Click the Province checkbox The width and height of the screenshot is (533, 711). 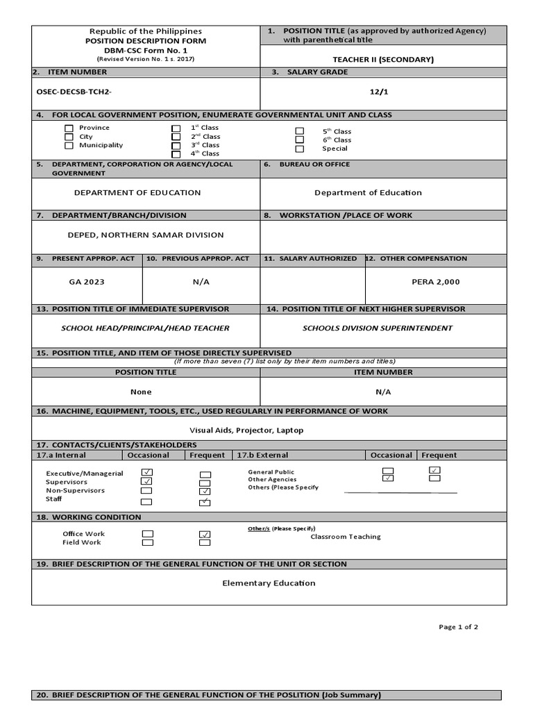[x=69, y=128]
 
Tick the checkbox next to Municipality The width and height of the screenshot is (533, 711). [x=69, y=146]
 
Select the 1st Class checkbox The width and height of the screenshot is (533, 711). [x=176, y=128]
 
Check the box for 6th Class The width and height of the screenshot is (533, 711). [x=300, y=140]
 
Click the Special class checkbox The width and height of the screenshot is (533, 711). [x=300, y=149]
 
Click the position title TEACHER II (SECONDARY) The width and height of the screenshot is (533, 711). [x=383, y=60]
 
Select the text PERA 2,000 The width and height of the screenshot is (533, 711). [x=435, y=282]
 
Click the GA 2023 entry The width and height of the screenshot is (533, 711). [x=87, y=282]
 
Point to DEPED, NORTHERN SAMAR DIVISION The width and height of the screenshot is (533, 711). [x=146, y=235]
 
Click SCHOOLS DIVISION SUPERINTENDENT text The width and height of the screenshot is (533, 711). [x=378, y=328]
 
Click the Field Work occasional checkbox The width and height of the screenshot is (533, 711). [x=147, y=543]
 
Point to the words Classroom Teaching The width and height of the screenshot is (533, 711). [x=346, y=537]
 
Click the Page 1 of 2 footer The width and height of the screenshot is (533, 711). [x=458, y=627]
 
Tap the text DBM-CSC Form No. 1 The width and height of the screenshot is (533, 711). [x=146, y=50]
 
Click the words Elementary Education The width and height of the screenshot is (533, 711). [x=269, y=583]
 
